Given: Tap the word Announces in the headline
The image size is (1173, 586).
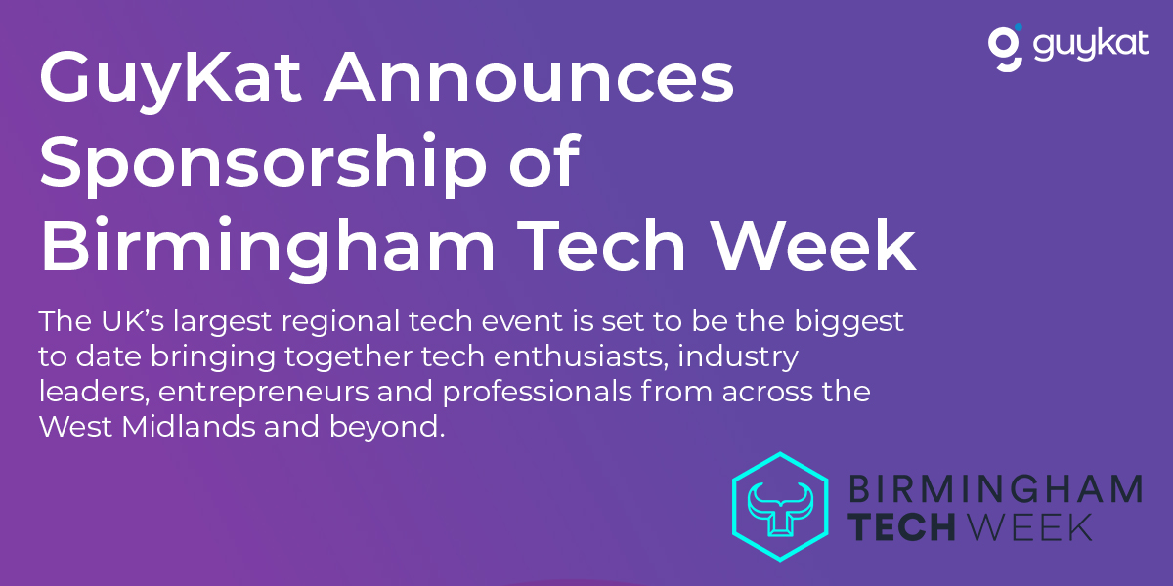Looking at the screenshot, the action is pyautogui.click(x=529, y=77).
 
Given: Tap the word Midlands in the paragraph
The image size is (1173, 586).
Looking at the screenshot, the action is pyautogui.click(x=189, y=427).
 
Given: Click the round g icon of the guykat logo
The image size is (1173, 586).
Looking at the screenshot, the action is pyautogui.click(x=1005, y=48).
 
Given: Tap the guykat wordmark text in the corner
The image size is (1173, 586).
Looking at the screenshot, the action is pyautogui.click(x=1090, y=46).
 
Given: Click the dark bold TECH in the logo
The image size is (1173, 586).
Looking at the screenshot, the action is pyautogui.click(x=901, y=526).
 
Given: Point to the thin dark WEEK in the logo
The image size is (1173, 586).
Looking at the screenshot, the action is pyautogui.click(x=1029, y=526).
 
